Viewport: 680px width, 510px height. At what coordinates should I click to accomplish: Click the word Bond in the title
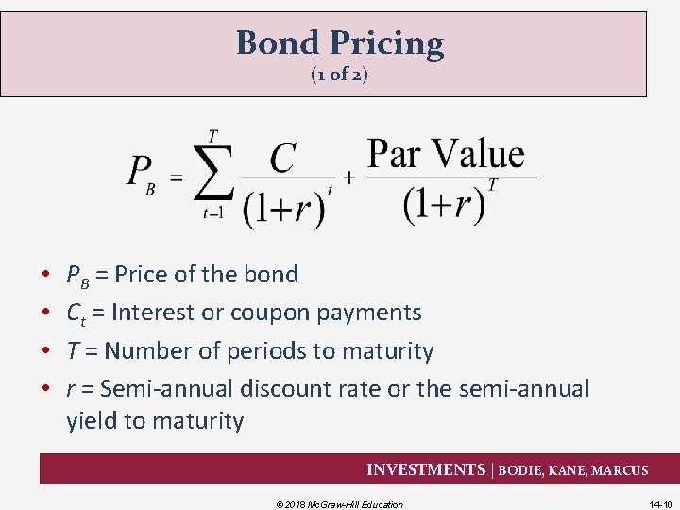coord(278,43)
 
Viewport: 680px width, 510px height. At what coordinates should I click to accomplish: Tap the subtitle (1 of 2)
coord(339,76)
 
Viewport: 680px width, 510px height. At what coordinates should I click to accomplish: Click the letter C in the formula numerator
coord(284,159)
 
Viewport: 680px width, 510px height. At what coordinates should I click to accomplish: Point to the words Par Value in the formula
coord(445,153)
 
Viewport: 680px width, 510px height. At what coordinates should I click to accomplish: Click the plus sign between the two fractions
coord(348,178)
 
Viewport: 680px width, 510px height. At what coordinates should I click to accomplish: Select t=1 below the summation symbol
coord(212,213)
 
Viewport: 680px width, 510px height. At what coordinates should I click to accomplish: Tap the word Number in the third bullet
coord(143,351)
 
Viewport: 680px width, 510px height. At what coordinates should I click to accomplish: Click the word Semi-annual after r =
coord(166,389)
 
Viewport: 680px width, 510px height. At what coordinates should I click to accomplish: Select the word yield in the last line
coord(93,421)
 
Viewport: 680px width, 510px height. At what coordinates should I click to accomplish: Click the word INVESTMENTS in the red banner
coord(425,469)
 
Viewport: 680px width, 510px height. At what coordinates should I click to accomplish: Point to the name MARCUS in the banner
coord(620,470)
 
